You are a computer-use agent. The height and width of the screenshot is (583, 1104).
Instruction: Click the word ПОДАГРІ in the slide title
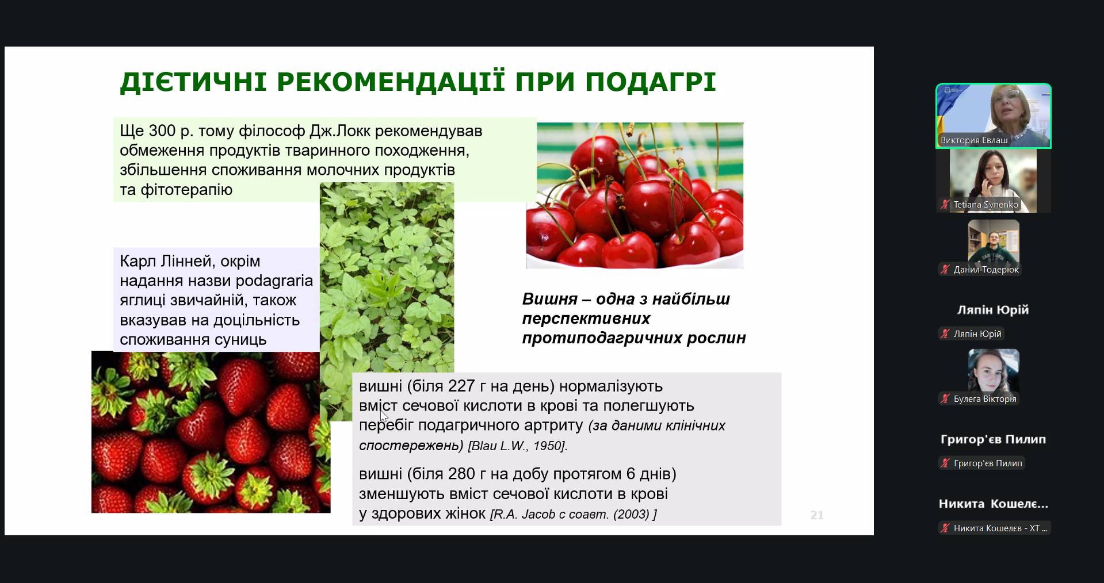[x=651, y=82]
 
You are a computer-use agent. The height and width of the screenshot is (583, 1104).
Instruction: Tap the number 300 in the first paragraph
[x=162, y=131]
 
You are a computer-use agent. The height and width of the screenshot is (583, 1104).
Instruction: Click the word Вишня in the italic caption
[x=549, y=299]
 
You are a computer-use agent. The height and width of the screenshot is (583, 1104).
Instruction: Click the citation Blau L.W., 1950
[x=516, y=446]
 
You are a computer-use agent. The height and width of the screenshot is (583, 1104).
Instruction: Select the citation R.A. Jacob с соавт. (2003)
[x=573, y=514]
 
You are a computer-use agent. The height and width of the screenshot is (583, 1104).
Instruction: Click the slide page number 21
[x=817, y=515]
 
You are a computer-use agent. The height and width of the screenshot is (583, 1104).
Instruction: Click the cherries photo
[x=635, y=195]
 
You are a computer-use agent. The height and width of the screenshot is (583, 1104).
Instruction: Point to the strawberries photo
[x=211, y=432]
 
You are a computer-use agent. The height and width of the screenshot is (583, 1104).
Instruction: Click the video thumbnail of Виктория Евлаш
[x=994, y=116]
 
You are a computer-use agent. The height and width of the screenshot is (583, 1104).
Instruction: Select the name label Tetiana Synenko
[x=985, y=205]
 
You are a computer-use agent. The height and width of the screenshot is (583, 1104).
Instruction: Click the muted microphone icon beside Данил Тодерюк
[x=945, y=269]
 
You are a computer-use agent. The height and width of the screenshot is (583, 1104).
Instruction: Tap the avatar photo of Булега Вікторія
[x=994, y=370]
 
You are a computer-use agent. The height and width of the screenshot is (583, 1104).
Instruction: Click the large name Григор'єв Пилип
[x=993, y=439]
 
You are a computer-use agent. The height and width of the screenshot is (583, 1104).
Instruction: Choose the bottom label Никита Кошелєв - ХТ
[x=1000, y=528]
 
